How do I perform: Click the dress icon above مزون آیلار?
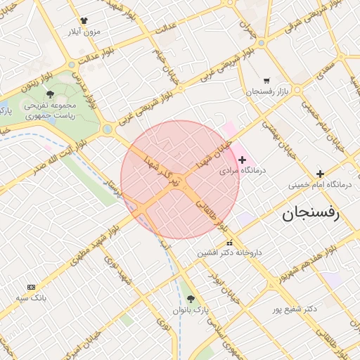[84, 21]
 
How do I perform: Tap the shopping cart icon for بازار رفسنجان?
[266, 80]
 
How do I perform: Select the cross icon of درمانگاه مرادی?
[243, 160]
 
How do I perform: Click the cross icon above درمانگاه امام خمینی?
[321, 174]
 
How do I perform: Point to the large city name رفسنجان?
[311, 213]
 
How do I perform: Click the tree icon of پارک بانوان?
[191, 299]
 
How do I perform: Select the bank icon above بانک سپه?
[31, 287]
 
